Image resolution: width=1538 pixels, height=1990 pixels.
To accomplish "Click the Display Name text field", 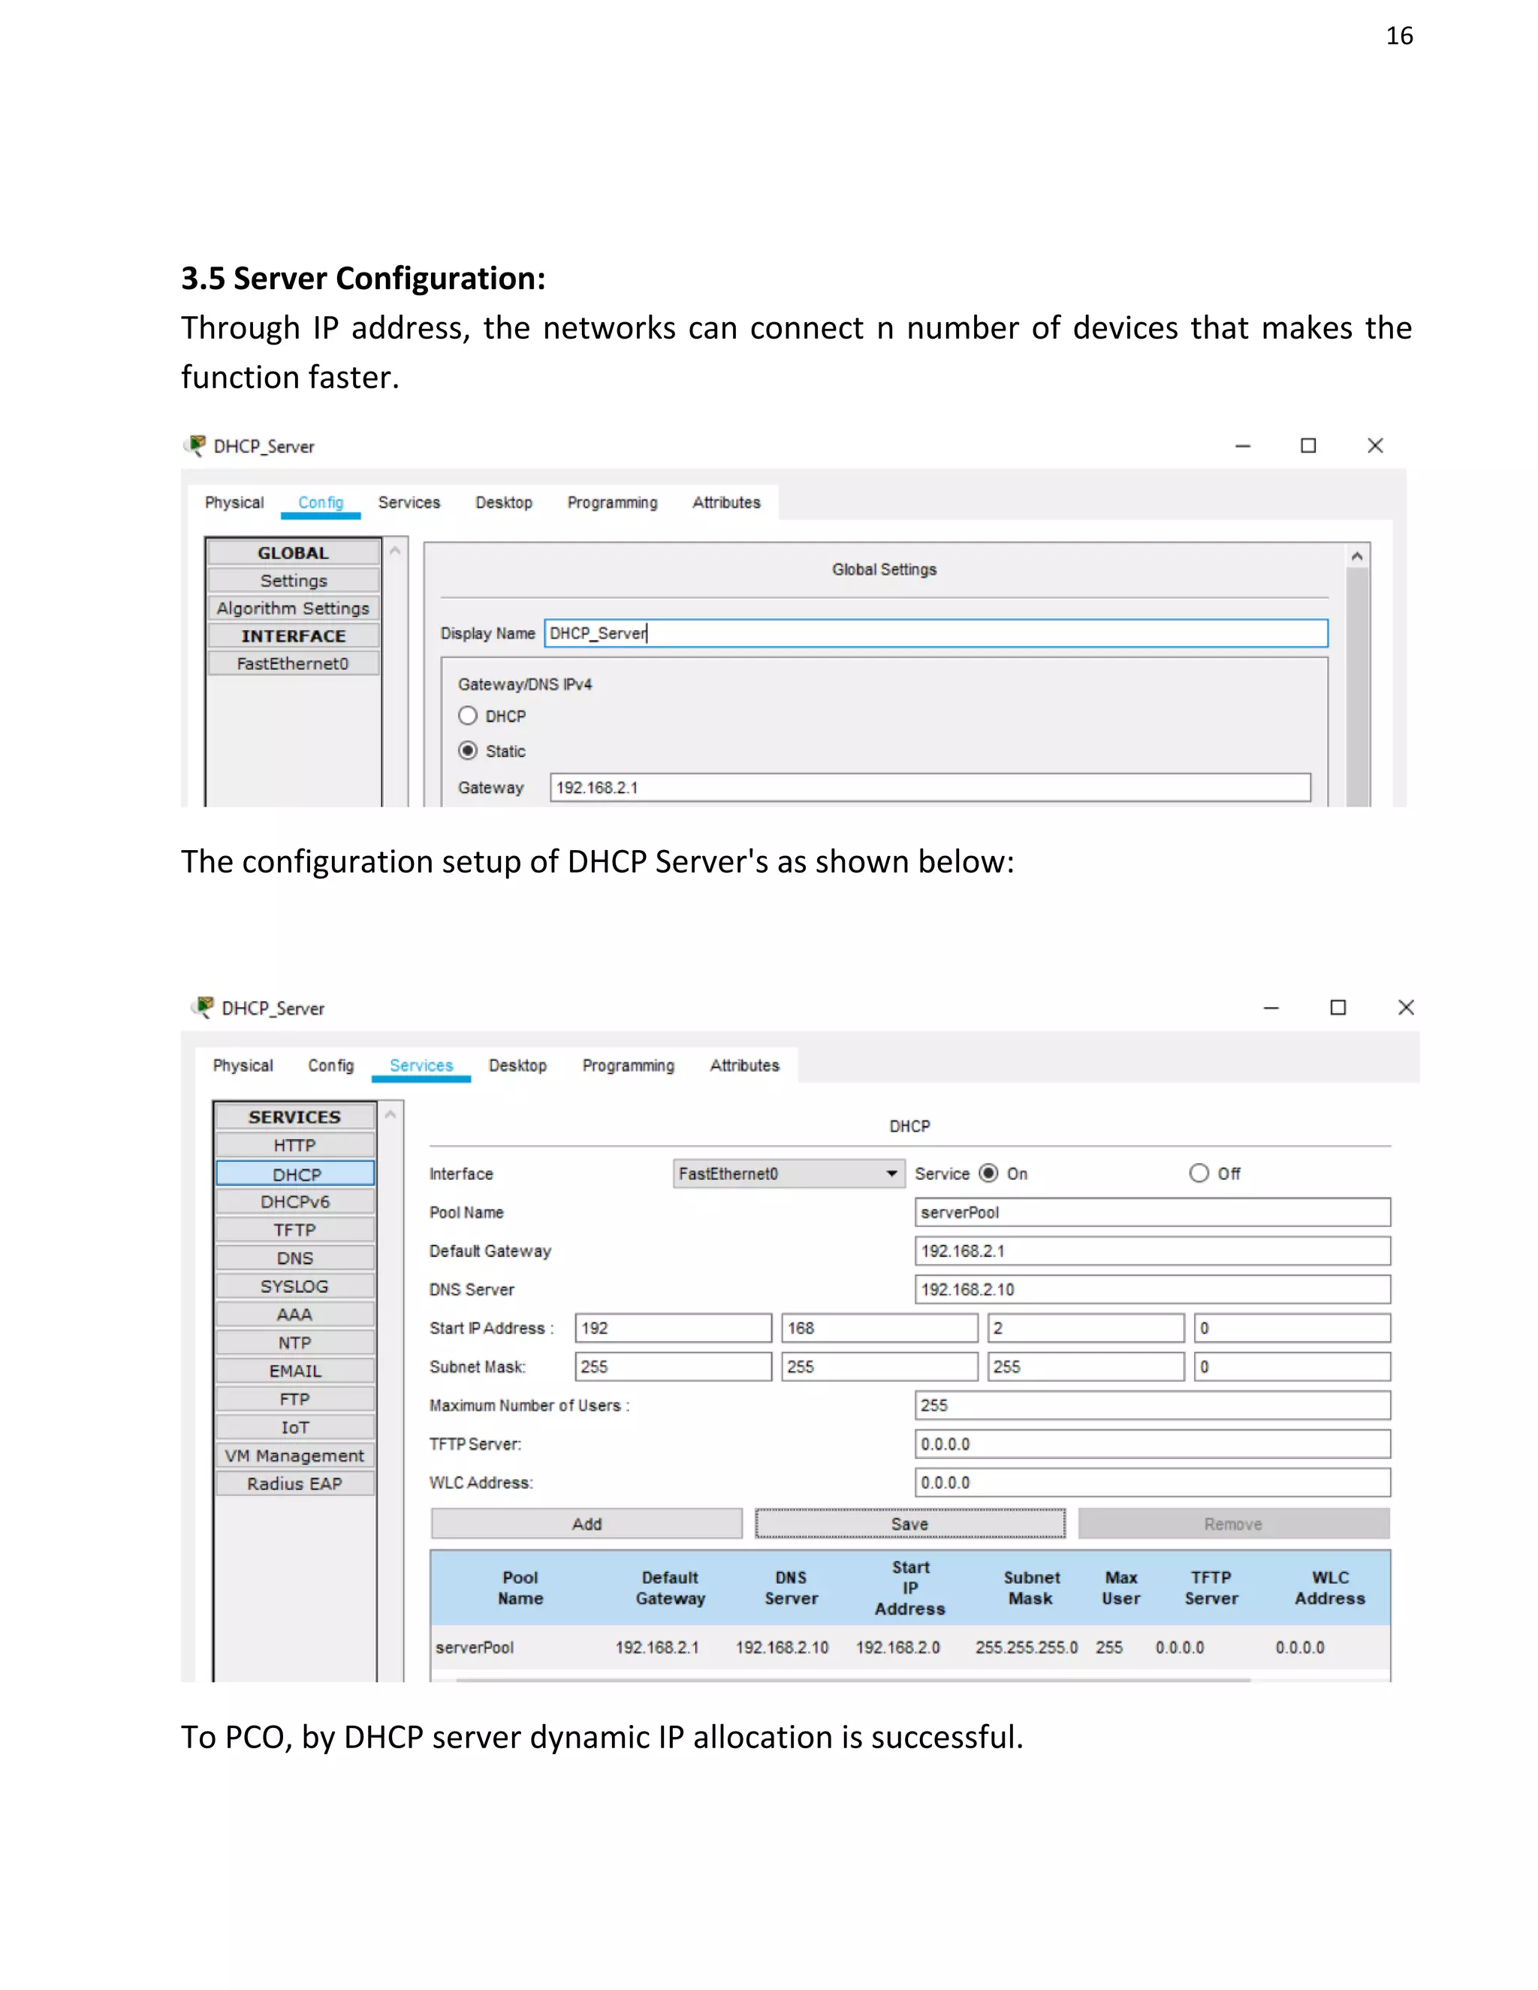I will tap(935, 633).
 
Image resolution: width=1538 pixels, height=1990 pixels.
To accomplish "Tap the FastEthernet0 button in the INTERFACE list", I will tap(294, 663).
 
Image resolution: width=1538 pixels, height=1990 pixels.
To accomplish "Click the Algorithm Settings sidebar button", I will tap(294, 608).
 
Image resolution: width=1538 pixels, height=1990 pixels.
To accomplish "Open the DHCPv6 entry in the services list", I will tap(295, 1202).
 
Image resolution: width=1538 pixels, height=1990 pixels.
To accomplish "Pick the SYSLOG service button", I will tap(295, 1286).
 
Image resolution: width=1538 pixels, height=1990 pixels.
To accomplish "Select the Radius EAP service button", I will tap(295, 1483).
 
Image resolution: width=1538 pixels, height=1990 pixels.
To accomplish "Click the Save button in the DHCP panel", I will tap(909, 1524).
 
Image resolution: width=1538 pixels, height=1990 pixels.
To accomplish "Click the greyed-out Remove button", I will tap(1233, 1524).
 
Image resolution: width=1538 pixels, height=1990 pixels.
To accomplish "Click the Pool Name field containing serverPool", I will tap(1152, 1213).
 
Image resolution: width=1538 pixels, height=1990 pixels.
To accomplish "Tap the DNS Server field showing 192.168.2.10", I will tap(1152, 1289).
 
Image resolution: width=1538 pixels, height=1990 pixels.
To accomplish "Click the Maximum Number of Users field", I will tap(1152, 1405).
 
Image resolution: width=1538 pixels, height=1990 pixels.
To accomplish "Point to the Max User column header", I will tap(1120, 1587).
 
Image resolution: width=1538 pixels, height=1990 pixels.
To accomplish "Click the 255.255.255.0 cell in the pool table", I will tap(1026, 1648).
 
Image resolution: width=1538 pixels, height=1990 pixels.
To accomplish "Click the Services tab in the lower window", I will tap(421, 1065).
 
